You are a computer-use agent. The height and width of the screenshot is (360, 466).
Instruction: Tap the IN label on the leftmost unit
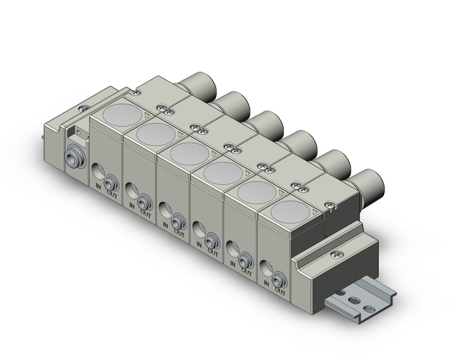pos(98,186)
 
